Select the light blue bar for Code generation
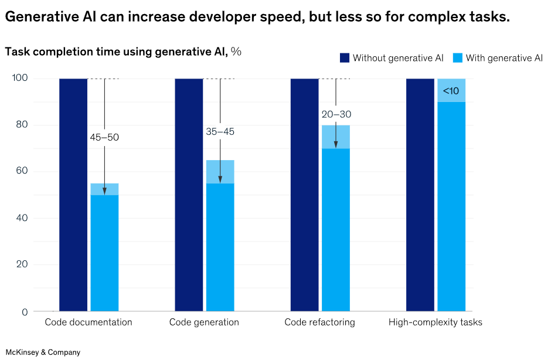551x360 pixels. [220, 246]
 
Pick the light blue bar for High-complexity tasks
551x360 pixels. [451, 205]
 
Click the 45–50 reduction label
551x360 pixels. [104, 137]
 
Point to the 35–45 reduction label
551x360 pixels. [220, 131]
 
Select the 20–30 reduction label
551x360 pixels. [336, 114]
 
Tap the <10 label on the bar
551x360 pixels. [451, 91]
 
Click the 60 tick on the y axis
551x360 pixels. [21, 172]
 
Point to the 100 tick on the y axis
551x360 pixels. [19, 79]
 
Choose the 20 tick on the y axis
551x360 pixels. [21, 265]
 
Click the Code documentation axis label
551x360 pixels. [89, 322]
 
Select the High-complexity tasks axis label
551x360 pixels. [436, 322]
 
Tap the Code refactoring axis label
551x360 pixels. [319, 322]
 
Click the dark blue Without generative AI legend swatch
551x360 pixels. [345, 57]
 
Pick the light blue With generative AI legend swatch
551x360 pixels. [458, 57]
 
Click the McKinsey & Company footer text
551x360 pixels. [43, 352]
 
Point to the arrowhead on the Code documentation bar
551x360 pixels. [104, 191]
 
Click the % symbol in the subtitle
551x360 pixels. [236, 52]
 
